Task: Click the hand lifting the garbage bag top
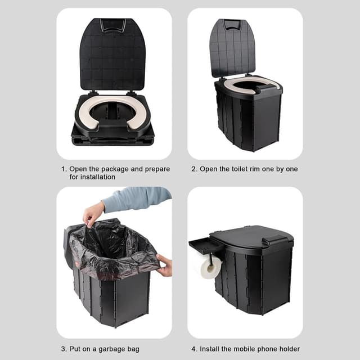[93, 214]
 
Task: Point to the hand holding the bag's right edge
[164, 264]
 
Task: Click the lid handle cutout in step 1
[113, 25]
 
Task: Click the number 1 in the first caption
[64, 169]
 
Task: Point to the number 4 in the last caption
[193, 349]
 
